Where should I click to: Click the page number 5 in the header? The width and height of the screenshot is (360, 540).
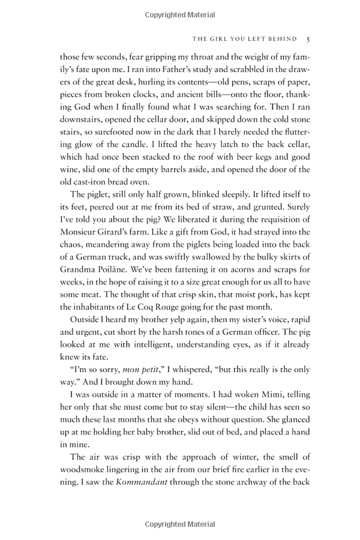click(x=307, y=39)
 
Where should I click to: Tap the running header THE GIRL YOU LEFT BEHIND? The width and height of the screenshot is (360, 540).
click(x=244, y=39)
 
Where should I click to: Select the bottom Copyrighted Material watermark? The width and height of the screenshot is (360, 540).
click(x=179, y=524)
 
